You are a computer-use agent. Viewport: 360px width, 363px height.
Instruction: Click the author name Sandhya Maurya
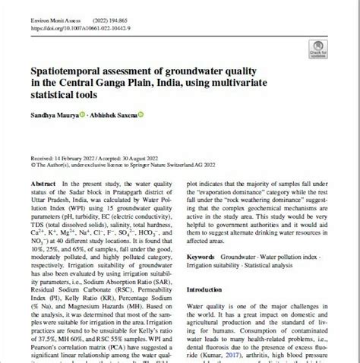pyautogui.click(x=51, y=114)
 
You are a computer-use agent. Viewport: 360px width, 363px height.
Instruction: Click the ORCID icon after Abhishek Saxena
pyautogui.click(x=141, y=114)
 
